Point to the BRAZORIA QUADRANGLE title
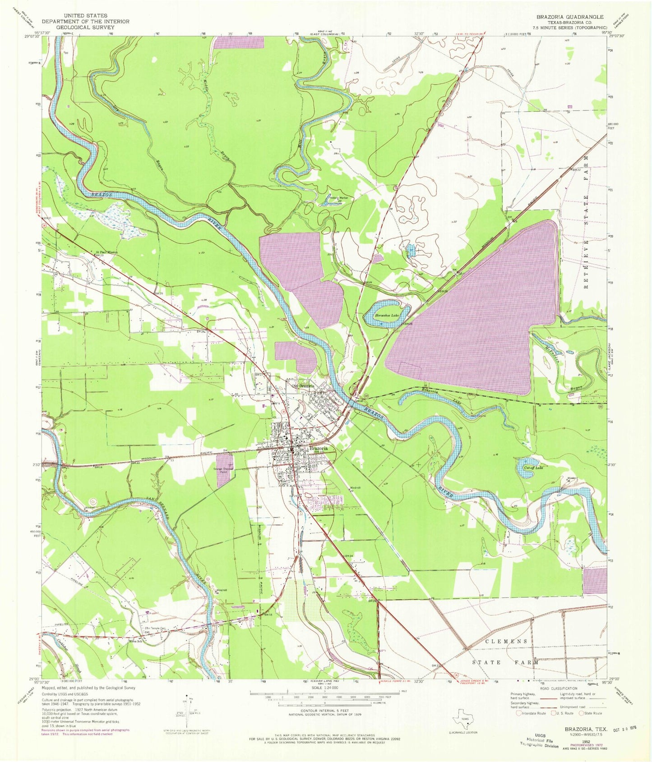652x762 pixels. click(570, 17)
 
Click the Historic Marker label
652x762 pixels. click(339, 197)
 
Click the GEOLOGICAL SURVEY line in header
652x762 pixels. click(85, 27)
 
